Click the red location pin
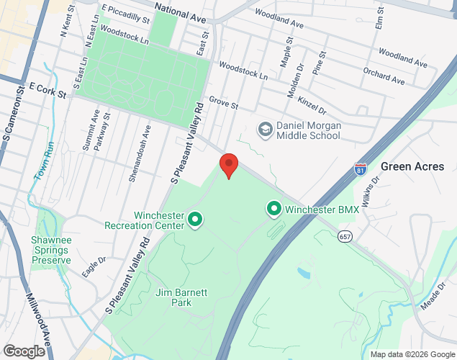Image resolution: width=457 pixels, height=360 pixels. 229,165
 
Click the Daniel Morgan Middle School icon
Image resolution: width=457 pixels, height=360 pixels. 265,129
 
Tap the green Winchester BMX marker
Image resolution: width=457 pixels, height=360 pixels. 274,210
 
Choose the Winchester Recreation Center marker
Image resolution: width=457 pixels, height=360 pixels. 194,218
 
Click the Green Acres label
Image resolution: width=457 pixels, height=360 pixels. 412,166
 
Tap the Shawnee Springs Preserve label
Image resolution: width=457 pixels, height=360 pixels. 51,250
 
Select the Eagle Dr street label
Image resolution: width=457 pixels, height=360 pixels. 94,267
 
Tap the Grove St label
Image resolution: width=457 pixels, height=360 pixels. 223,104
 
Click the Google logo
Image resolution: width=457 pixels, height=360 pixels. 24,351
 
